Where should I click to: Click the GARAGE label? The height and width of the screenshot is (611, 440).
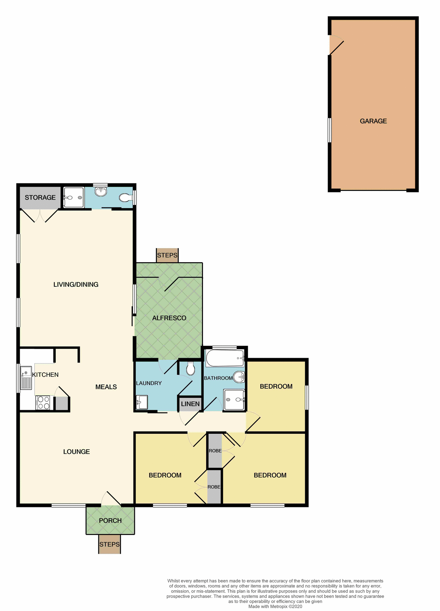(373, 121)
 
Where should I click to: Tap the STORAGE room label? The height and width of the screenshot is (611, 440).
(40, 198)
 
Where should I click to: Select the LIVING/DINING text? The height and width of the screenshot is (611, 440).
(76, 284)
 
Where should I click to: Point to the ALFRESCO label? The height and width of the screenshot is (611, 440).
(169, 318)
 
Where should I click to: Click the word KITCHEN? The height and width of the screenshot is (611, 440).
(45, 375)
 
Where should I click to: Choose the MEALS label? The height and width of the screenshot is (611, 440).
(106, 387)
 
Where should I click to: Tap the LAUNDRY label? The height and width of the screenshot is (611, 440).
(149, 383)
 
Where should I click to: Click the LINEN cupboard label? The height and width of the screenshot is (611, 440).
(190, 404)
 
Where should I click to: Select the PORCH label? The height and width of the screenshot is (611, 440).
(110, 521)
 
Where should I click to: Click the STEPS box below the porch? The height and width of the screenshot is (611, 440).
(109, 544)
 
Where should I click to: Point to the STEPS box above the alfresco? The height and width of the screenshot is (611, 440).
(167, 256)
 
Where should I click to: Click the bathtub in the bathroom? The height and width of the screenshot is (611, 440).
(225, 358)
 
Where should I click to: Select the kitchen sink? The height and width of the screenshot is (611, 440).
(26, 378)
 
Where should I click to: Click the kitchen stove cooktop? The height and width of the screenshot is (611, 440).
(43, 403)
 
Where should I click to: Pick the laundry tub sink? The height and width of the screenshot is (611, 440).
(142, 402)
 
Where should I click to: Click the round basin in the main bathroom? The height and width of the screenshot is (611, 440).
(239, 377)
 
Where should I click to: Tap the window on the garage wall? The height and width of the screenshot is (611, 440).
(330, 130)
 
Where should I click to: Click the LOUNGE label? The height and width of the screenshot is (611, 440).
(76, 452)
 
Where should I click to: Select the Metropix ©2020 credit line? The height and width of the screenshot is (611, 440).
(275, 607)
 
